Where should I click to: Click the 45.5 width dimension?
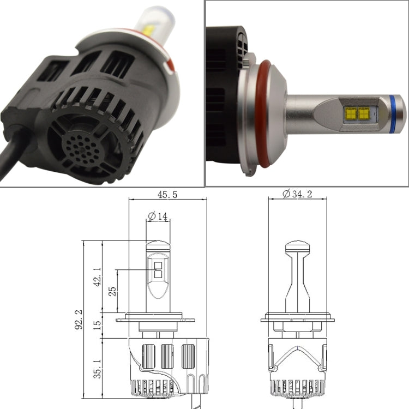pyautogui.click(x=168, y=194)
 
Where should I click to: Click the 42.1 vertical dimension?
pyautogui.click(x=98, y=276)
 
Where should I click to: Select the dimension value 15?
pyautogui.click(x=98, y=325)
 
